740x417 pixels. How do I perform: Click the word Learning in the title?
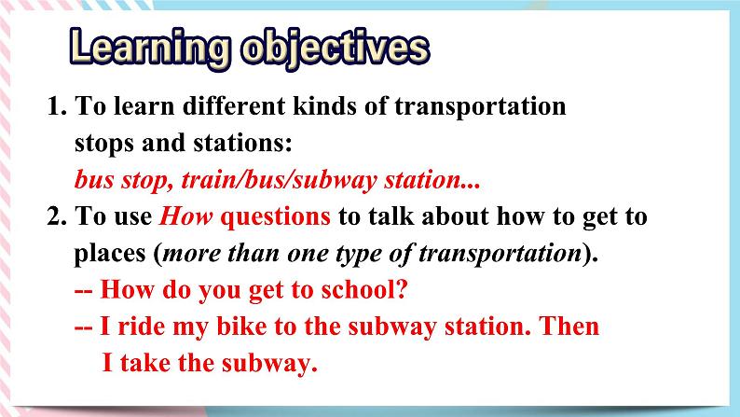[142, 48]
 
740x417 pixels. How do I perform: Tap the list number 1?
[54, 106]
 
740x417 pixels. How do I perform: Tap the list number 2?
[54, 217]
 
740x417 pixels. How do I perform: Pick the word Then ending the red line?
[571, 327]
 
